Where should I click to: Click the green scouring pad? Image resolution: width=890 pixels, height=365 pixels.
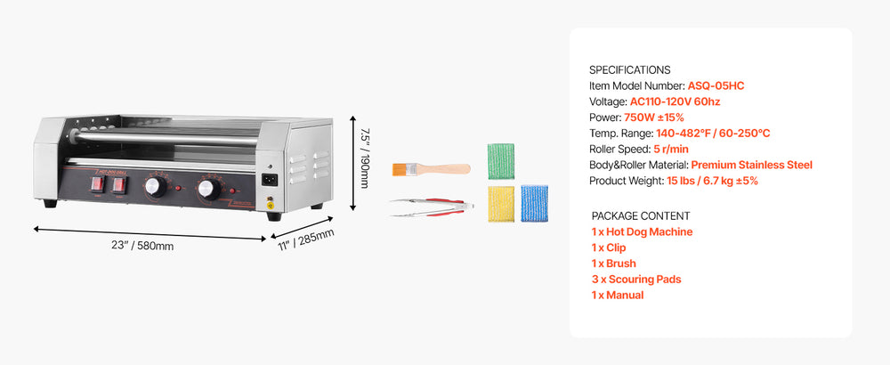(500, 161)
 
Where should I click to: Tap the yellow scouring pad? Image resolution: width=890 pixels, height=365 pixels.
(501, 203)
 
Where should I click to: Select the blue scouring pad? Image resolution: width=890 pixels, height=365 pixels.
(534, 203)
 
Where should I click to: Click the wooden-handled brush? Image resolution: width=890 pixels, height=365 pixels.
(431, 168)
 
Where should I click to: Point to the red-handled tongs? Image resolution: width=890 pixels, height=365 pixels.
(432, 207)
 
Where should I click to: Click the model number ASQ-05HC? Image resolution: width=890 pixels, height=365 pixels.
(716, 86)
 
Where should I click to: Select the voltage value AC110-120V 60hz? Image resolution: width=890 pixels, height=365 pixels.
(675, 102)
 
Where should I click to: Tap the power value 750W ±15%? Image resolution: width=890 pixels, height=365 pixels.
(654, 118)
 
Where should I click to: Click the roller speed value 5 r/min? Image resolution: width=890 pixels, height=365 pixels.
(670, 150)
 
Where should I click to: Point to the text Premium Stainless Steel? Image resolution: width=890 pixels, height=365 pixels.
(751, 166)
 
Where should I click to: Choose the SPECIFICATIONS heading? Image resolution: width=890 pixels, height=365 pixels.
(629, 70)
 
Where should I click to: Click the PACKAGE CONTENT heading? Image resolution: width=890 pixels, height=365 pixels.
(641, 216)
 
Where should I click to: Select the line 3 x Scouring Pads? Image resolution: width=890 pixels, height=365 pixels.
(635, 280)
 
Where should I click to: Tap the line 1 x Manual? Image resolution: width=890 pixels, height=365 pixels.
(618, 296)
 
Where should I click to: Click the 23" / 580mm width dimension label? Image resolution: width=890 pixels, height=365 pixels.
(142, 246)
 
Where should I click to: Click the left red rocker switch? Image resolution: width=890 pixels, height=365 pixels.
(98, 184)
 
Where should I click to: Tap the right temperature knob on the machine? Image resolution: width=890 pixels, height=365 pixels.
(209, 190)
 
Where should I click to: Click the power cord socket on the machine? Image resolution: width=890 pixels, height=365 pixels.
(270, 181)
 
